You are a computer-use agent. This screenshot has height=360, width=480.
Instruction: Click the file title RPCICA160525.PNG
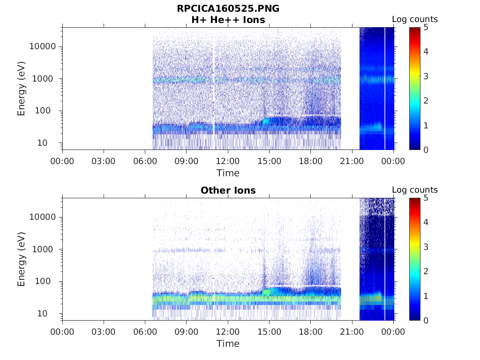click(228, 8)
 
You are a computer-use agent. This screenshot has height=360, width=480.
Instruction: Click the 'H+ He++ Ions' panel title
click(228, 20)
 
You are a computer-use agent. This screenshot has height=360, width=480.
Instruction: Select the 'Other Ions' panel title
click(228, 190)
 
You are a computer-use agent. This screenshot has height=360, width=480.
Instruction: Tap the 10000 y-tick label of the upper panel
click(43, 46)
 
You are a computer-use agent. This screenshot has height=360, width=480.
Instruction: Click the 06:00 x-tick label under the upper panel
click(145, 161)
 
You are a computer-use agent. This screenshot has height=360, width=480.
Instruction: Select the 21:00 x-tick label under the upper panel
click(352, 161)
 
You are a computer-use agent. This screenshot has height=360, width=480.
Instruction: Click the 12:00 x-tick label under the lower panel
click(228, 332)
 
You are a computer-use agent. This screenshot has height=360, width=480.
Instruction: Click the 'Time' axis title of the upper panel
click(228, 173)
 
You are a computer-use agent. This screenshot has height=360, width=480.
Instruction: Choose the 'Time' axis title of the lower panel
click(228, 344)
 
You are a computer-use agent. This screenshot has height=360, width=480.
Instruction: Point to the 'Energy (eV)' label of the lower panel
click(22, 259)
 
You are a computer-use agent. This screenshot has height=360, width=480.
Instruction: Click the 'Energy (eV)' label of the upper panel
click(22, 89)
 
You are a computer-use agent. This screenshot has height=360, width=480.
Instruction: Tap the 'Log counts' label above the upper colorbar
click(414, 20)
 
